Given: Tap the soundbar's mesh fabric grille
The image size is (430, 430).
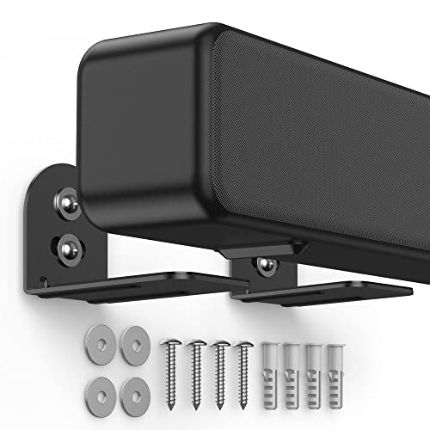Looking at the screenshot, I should click(x=327, y=129).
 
